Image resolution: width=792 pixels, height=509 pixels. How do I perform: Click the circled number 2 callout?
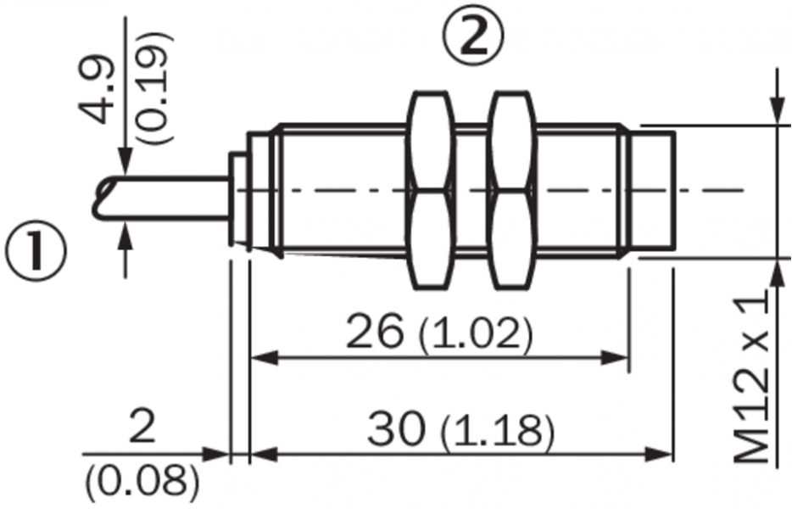pyautogui.click(x=473, y=38)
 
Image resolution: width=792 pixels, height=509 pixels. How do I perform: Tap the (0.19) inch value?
pyautogui.click(x=154, y=89)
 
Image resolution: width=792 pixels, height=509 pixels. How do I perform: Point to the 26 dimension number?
pyautogui.click(x=376, y=332)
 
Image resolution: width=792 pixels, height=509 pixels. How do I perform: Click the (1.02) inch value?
pyautogui.click(x=476, y=334)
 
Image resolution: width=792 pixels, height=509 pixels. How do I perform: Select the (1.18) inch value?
pyautogui.click(x=498, y=433)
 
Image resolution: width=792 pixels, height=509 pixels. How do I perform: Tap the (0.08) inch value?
pyautogui.click(x=142, y=480)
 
